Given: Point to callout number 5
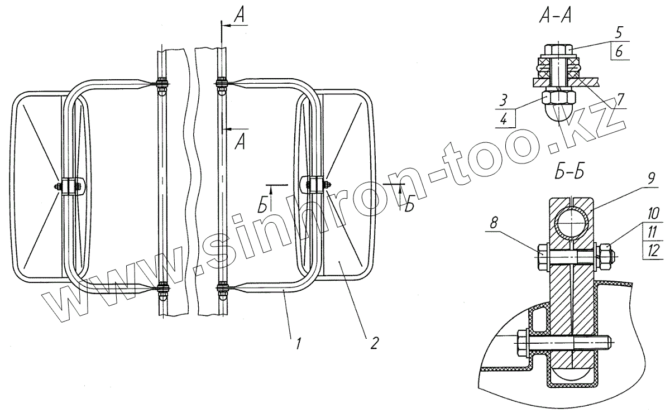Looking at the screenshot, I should click(618, 32).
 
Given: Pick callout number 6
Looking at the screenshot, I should click(619, 51).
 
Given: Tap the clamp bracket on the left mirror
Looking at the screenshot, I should click(70, 186).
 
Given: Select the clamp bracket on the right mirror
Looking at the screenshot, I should click(314, 185).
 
